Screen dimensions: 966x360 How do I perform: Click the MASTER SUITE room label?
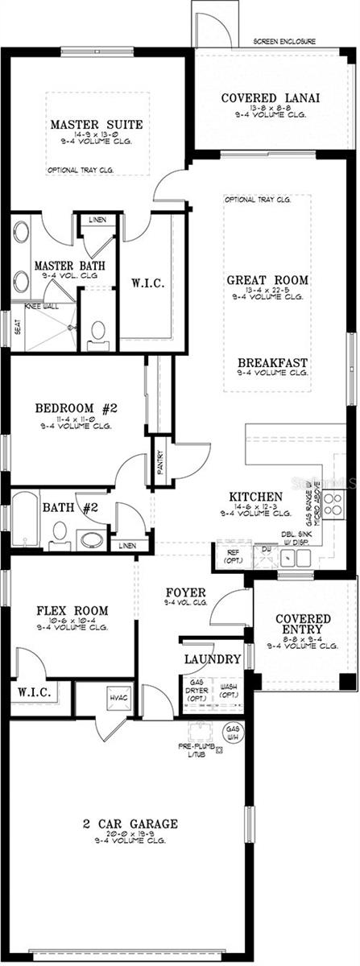click(x=97, y=125)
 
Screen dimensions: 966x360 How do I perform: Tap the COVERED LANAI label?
click(x=271, y=98)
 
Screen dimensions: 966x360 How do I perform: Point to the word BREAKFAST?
click(x=272, y=361)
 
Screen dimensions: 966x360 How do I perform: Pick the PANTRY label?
click(x=160, y=462)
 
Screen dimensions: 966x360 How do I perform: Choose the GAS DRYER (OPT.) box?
click(x=197, y=690)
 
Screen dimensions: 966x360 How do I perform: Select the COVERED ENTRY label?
click(x=299, y=624)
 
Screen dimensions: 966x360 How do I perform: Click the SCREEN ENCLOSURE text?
click(x=284, y=41)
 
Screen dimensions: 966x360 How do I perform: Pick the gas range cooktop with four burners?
click(x=333, y=504)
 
